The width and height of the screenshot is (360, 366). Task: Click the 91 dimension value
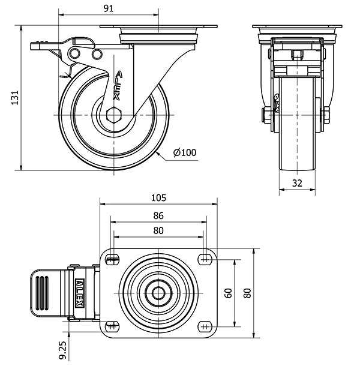109,8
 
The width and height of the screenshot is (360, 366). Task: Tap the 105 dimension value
158,197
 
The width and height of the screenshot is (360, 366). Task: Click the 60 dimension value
229,293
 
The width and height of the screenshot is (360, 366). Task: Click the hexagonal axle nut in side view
114,114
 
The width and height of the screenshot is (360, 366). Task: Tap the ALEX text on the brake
82,292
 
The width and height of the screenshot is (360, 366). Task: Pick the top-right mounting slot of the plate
205,259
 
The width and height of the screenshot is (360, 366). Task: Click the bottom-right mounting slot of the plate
205,326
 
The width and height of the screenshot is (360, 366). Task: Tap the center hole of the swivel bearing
158,293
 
